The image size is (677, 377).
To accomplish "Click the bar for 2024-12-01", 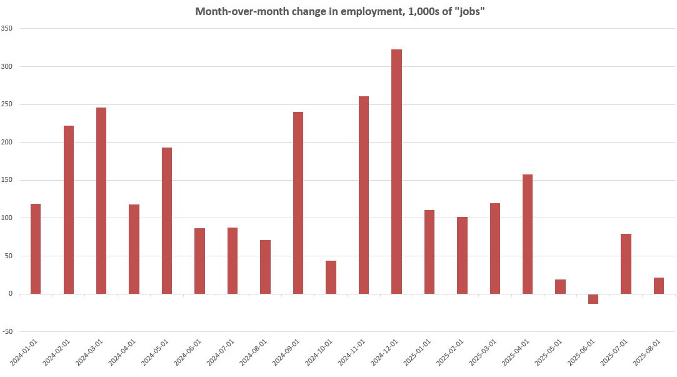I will point(396,171).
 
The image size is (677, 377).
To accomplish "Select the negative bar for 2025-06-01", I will point(593,299).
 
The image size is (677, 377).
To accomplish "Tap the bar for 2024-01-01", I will point(36,249).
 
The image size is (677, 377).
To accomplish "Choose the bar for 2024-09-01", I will point(298,203).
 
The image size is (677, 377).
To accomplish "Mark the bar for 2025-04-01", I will point(528,234).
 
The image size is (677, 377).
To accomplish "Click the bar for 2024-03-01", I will point(101,201).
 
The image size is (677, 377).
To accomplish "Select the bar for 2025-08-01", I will point(659,286).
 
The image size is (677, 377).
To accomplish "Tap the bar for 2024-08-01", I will point(265,267).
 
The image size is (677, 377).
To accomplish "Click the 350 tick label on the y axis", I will point(7,29).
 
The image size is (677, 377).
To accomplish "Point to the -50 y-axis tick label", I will point(7,332).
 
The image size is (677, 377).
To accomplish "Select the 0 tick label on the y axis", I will point(11,294).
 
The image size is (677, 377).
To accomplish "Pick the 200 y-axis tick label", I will point(7,143).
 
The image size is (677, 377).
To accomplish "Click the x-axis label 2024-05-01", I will point(154,353).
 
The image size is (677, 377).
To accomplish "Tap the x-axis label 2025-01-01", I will point(416,353).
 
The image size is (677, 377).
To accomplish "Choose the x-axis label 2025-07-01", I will point(613,353).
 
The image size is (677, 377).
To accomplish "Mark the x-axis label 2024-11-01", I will point(351,353).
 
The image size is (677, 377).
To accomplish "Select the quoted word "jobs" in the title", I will point(467,12).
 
